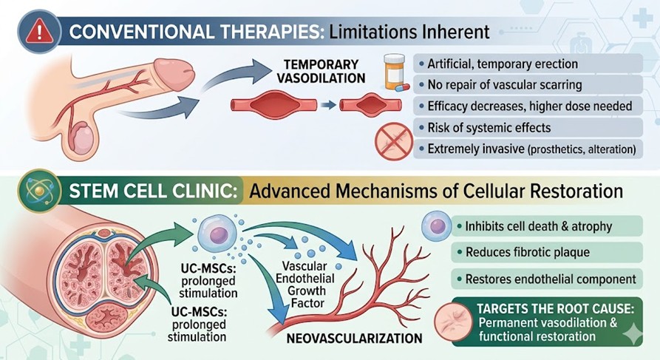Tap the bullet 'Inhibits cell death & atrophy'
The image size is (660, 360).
click(x=534, y=225)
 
